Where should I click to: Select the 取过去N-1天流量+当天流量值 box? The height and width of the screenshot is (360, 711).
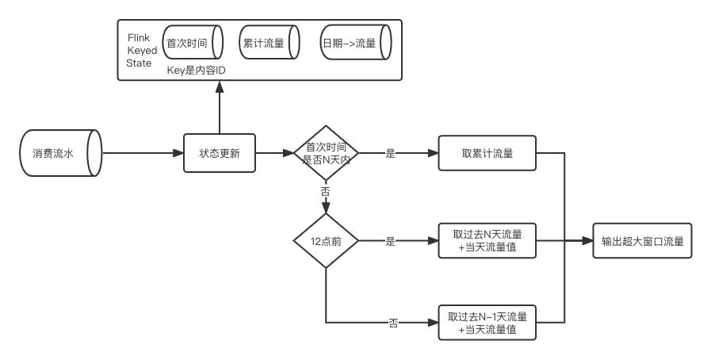(x=486, y=323)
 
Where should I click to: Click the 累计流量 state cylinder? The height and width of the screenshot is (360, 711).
(x=267, y=43)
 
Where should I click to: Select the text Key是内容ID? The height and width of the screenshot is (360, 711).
(x=198, y=70)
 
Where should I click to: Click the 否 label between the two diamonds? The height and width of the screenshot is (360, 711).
(x=326, y=192)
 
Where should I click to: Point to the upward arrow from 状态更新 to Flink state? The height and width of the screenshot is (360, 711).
(x=220, y=107)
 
